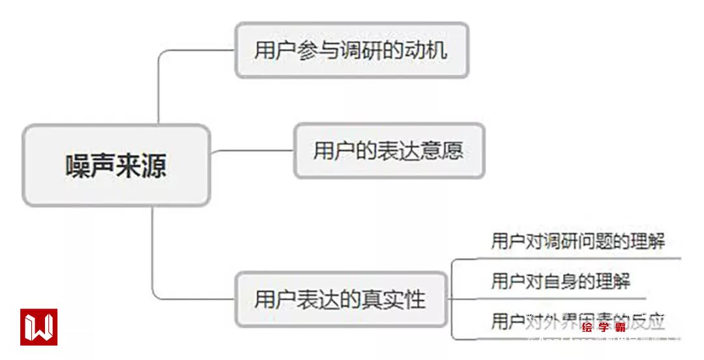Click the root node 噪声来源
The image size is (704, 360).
[x=116, y=166]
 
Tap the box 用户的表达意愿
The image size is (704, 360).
[x=389, y=151]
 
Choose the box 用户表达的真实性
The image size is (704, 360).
[x=340, y=299]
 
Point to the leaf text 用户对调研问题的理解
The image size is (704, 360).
[x=578, y=241]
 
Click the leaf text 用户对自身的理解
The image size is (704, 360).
[x=561, y=281]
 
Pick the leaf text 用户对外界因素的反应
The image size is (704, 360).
[x=578, y=321]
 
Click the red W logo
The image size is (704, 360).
[x=38, y=327]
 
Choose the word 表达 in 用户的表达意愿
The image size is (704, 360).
[x=389, y=151]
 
